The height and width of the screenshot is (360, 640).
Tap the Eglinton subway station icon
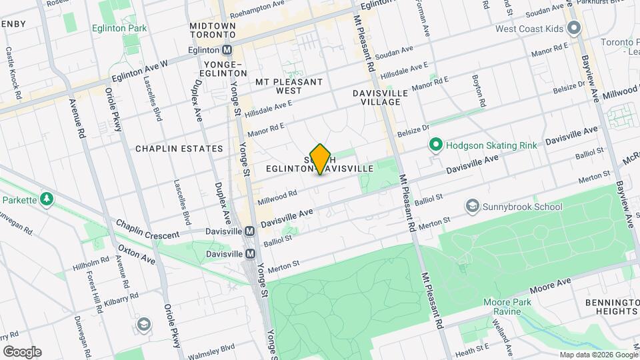(227, 50)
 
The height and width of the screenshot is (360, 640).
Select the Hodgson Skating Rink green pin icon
(436, 145)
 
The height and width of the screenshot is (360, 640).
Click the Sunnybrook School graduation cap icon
(473, 206)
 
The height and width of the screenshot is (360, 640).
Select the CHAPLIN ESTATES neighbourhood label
(179, 149)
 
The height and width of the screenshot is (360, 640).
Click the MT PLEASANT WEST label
(289, 86)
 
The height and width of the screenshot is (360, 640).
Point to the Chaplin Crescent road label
(147, 230)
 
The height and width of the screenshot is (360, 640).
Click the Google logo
(22, 352)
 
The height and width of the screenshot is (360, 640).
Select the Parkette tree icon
(47, 199)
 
